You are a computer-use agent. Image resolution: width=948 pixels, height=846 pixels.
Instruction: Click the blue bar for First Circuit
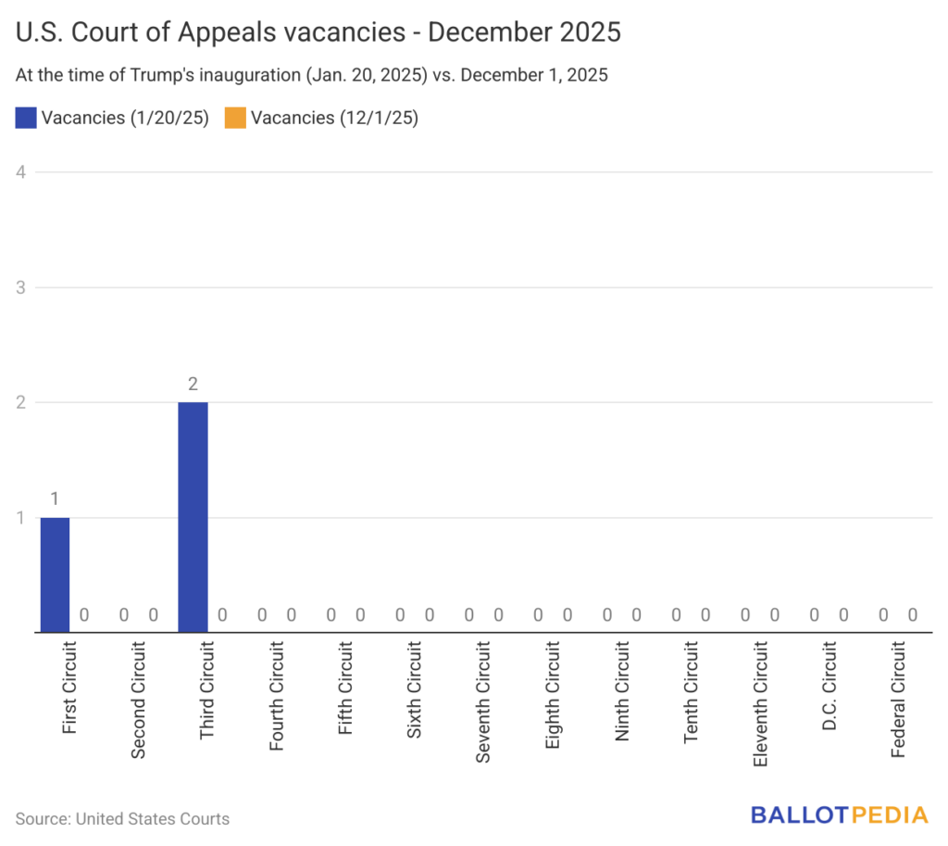[55, 575]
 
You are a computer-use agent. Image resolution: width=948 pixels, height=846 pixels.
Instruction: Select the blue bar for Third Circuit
[193, 517]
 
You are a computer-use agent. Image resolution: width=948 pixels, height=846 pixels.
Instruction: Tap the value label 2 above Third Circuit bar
[193, 385]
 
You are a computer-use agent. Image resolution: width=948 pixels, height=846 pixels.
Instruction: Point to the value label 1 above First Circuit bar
[55, 500]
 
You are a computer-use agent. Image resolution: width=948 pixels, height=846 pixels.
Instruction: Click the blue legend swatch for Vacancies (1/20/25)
[26, 118]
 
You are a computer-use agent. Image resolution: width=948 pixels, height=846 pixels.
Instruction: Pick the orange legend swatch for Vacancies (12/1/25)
[235, 118]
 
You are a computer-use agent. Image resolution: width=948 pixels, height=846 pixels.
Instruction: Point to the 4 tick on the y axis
[21, 171]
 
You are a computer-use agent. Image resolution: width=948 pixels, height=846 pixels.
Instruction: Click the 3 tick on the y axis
[21, 287]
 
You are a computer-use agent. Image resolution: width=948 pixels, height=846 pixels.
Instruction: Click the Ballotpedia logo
[839, 815]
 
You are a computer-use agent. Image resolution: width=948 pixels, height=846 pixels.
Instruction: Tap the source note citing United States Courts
[122, 818]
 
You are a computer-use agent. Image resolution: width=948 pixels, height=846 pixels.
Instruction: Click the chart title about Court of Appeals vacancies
[318, 33]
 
